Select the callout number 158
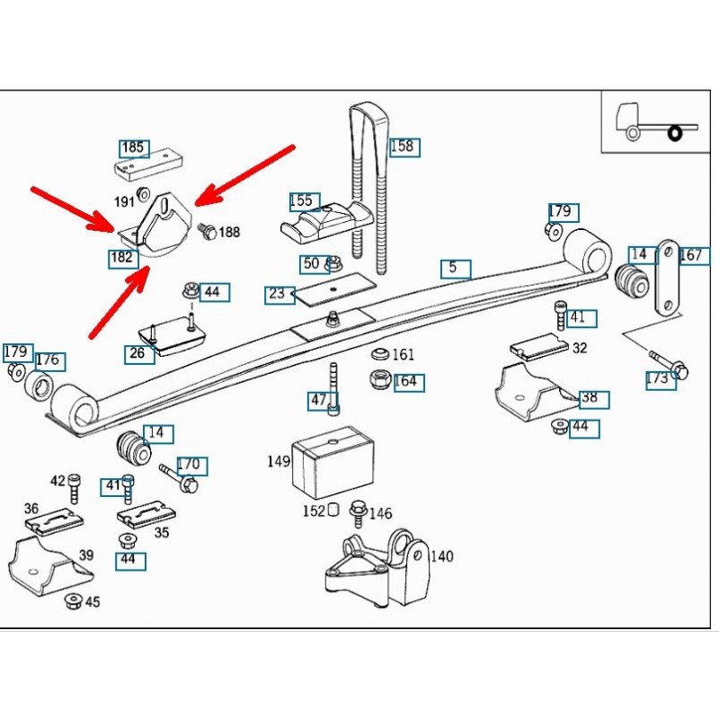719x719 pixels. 404,146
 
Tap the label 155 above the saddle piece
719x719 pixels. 303,201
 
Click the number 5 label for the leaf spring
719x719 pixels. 454,267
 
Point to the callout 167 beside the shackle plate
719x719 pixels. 690,255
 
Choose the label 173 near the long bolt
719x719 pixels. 658,378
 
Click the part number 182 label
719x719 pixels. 122,258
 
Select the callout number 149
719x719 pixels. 279,462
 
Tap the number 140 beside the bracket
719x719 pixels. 441,556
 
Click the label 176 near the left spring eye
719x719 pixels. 48,360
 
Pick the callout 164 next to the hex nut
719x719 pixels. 405,382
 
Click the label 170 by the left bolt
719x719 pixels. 189,466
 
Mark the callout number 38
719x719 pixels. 590,397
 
